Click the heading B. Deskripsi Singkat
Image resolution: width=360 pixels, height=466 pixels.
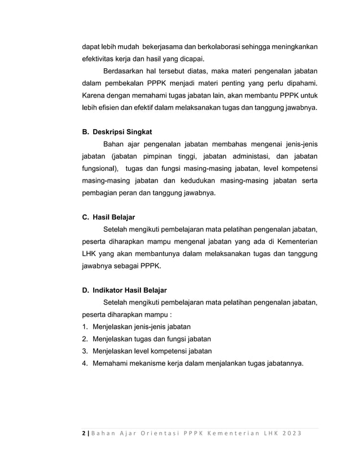116,131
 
